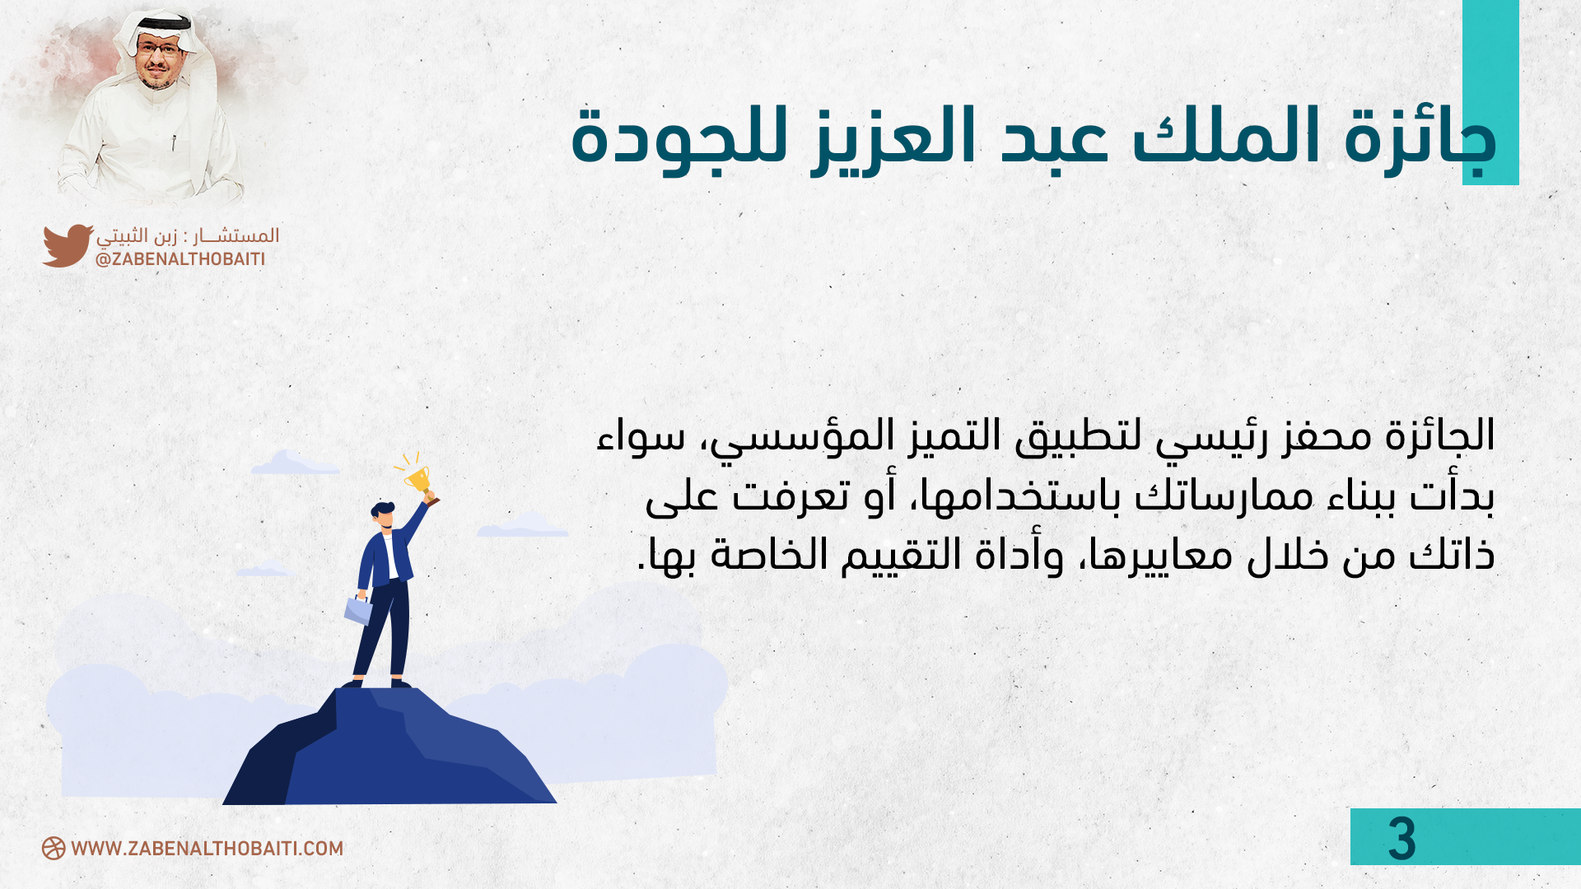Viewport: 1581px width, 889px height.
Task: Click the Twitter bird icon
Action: (x=68, y=245)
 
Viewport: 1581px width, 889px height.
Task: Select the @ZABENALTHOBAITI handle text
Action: (x=180, y=259)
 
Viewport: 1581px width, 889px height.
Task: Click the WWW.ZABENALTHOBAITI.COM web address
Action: (x=208, y=849)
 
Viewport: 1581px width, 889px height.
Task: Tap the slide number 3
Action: (x=1401, y=840)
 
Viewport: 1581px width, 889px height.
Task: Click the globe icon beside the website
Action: (x=54, y=849)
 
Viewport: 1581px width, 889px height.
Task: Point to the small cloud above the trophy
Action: (x=293, y=463)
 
